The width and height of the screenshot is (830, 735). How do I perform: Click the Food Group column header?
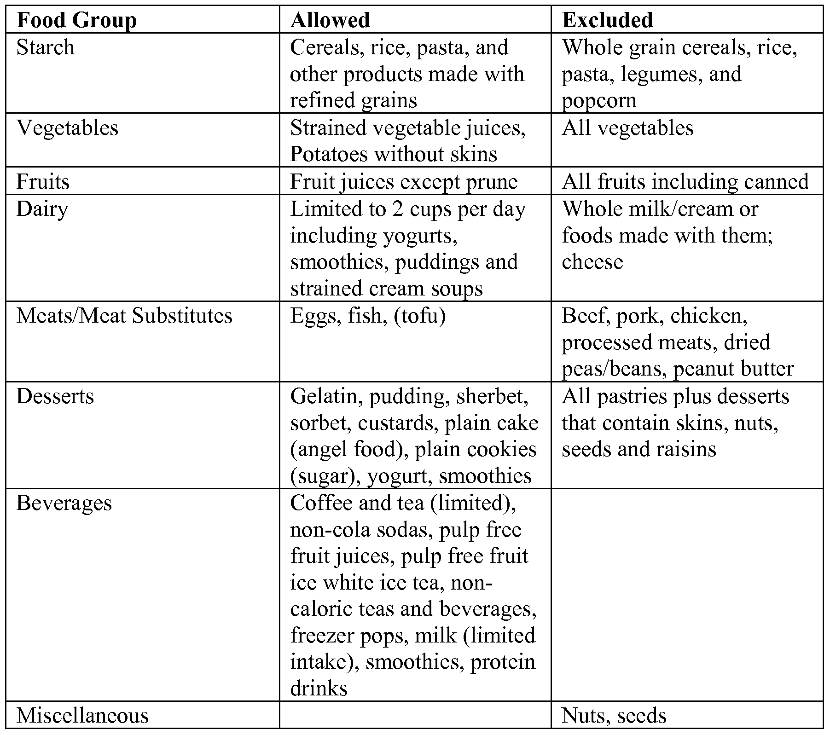pyautogui.click(x=76, y=20)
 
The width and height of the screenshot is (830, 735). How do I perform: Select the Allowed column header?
pyautogui.click(x=330, y=20)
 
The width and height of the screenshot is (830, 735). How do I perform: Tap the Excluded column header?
pyautogui.click(x=607, y=20)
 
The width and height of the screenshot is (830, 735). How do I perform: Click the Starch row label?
pyautogui.click(x=45, y=47)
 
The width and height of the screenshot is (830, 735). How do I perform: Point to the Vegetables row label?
pyautogui.click(x=67, y=127)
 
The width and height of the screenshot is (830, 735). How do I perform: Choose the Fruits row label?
pyautogui.click(x=43, y=181)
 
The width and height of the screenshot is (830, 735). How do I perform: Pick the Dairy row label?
pyautogui.click(x=42, y=209)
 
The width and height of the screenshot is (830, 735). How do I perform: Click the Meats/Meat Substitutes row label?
pyautogui.click(x=124, y=316)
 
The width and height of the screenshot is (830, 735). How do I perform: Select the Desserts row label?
pyautogui.click(x=55, y=396)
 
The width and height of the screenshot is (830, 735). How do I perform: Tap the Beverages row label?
pyautogui.click(x=64, y=503)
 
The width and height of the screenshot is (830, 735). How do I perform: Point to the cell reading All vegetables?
pyautogui.click(x=627, y=127)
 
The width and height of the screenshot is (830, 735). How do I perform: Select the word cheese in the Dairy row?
pyautogui.click(x=592, y=262)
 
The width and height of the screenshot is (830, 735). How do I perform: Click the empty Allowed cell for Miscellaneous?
pyautogui.click(x=415, y=715)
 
